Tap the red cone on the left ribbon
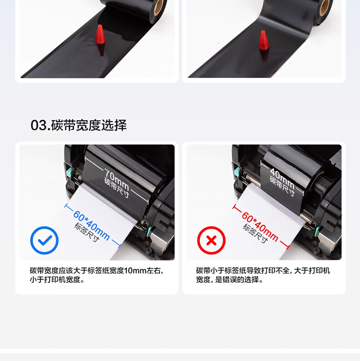[x=100, y=34]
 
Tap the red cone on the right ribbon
[x=264, y=40]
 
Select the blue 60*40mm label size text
[x=92, y=226]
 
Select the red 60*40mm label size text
[x=260, y=227]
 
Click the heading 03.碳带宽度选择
[x=78, y=125]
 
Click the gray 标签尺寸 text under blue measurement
[x=87, y=233]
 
